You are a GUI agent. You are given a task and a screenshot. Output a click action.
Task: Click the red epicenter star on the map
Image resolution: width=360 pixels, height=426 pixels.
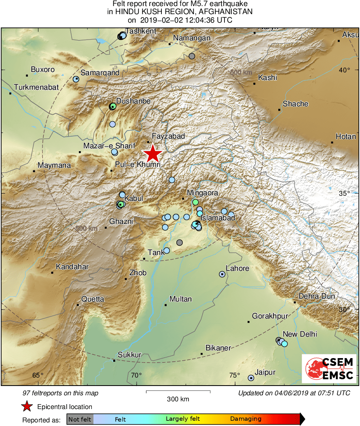coord(152,154)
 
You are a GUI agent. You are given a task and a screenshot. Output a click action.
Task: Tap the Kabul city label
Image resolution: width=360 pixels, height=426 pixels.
coord(134,198)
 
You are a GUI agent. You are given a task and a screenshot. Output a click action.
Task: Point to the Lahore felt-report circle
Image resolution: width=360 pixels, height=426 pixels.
coord(222,274)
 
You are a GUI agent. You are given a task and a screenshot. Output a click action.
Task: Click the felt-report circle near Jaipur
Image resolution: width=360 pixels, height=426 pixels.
coord(251,378)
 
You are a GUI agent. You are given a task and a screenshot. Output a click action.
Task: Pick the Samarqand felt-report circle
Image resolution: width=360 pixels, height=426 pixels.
coord(76,79)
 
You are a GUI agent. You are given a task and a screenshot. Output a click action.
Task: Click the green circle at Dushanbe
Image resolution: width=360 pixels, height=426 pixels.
coord(113,106)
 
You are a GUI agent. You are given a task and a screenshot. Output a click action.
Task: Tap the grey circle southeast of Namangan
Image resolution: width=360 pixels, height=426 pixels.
coord(192,56)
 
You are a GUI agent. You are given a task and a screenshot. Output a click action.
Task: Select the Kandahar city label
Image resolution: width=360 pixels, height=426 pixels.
coord(72,267)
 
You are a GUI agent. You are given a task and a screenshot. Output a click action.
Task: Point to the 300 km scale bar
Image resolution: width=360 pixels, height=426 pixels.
coord(178,391)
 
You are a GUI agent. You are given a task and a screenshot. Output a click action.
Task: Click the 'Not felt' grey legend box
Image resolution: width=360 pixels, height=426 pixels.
coord(80,419)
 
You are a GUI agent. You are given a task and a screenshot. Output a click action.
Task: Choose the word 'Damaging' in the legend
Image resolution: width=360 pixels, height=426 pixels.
coord(246,419)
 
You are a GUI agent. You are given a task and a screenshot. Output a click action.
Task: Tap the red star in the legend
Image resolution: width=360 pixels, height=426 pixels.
coord(27,407)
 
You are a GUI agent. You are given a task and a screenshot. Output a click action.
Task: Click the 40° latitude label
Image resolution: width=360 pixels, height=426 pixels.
coord(345,70)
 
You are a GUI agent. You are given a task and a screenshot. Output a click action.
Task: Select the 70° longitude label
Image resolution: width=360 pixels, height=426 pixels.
coord(136,375)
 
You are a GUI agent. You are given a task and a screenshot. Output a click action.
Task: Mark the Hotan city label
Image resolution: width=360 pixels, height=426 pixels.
coord(346,137)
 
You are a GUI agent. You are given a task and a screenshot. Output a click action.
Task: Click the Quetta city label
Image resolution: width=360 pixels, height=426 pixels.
coord(93,299)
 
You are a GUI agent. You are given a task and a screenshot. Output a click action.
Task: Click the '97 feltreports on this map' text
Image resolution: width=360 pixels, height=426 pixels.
coord(60,393)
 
